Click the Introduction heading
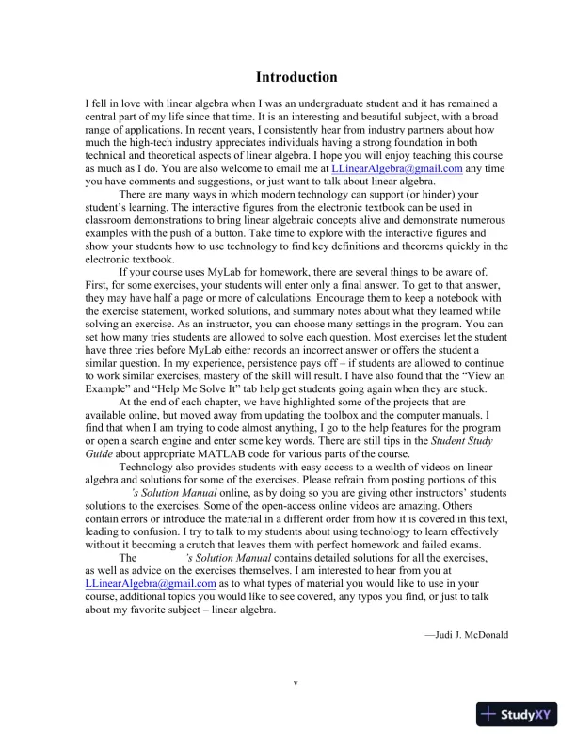point(296,76)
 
